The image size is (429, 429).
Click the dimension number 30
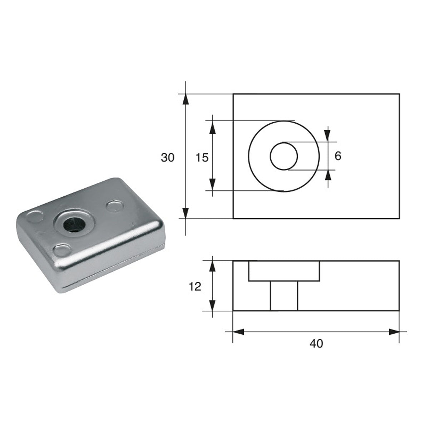click(x=168, y=157)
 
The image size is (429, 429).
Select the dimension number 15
click(x=202, y=157)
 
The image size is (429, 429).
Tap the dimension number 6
click(x=338, y=156)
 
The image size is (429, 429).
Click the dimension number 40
click(x=316, y=344)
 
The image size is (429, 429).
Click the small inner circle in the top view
click(x=284, y=156)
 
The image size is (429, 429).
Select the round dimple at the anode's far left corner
click(x=35, y=217)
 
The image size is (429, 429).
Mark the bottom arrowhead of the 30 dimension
click(x=185, y=213)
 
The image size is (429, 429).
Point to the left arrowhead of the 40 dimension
click(x=238, y=332)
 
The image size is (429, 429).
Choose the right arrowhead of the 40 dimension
click(x=394, y=332)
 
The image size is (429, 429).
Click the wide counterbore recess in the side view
click(x=284, y=271)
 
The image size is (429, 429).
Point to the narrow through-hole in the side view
click(x=284, y=296)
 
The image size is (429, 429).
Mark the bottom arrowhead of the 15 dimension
click(x=212, y=185)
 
